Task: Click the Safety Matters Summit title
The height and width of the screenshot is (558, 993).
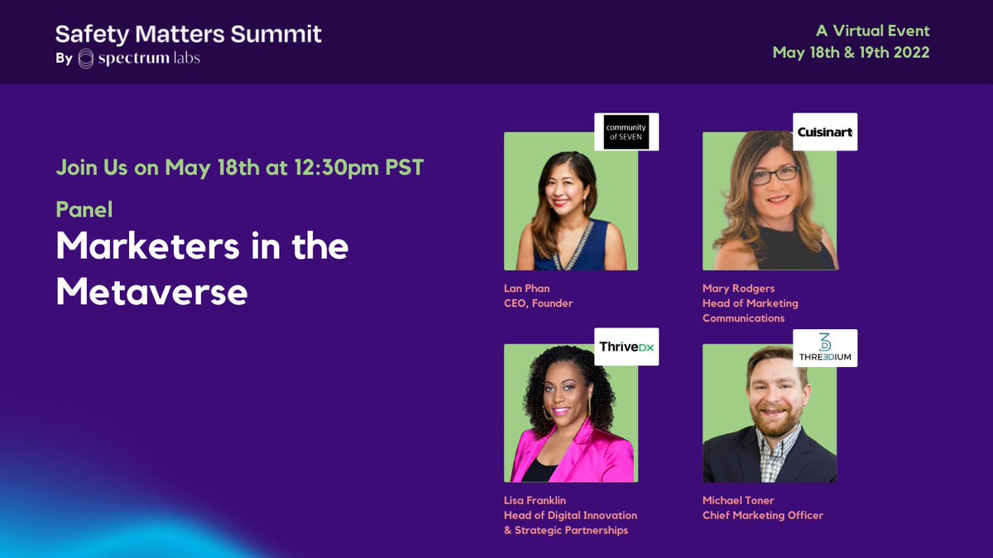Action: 189,34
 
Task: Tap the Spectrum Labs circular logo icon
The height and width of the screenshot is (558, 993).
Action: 86,59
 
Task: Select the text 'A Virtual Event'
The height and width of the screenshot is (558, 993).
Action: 872,31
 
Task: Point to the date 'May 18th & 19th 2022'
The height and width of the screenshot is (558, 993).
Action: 851,52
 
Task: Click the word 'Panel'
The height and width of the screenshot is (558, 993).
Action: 84,209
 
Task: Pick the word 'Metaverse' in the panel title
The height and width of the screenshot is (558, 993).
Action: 151,292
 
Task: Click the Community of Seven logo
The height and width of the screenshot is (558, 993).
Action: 626,131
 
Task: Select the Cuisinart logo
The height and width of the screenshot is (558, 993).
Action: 824,131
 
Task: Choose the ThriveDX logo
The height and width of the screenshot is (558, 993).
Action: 626,348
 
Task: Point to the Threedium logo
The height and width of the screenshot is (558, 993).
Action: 824,348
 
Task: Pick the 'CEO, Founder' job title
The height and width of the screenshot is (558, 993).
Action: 539,303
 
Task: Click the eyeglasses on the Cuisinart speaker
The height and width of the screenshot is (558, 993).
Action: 775,174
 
